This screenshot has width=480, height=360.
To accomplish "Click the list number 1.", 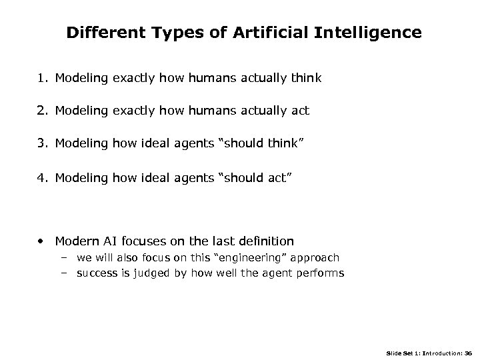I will click(42, 79).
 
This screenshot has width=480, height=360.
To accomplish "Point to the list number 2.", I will click(42, 111).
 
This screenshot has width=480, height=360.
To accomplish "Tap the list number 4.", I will click(42, 178).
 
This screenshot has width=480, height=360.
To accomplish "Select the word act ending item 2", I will click(300, 111).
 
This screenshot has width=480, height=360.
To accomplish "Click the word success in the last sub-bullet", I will click(96, 273).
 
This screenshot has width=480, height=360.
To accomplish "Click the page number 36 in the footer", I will click(467, 353).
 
